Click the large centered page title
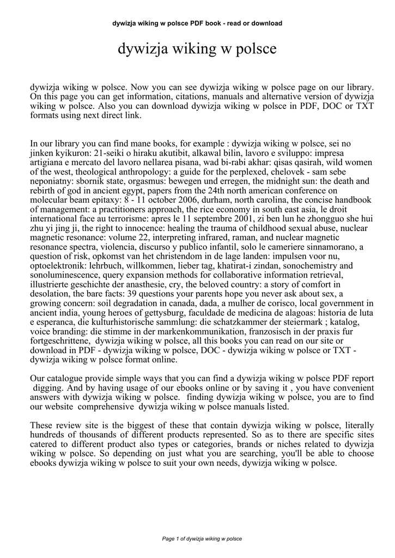coord(197,50)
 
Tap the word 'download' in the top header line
coord(267,23)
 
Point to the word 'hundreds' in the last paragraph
coord(47,434)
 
